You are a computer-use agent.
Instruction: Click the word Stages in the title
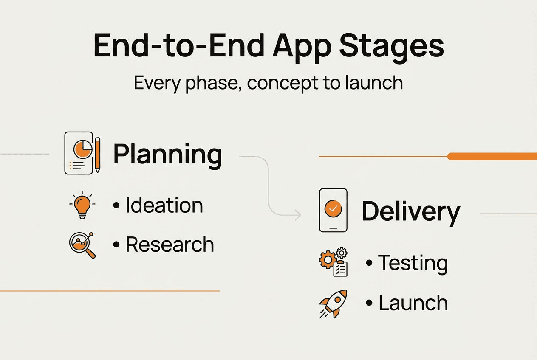tap(390, 46)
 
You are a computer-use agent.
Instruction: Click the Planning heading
tap(167, 155)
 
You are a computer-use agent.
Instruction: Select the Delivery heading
tap(410, 211)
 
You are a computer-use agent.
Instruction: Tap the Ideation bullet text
tap(164, 205)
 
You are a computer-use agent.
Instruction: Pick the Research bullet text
tap(170, 245)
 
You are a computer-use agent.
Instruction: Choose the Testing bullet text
tap(413, 263)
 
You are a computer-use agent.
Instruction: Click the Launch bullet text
tap(413, 303)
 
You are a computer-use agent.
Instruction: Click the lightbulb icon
tap(82, 205)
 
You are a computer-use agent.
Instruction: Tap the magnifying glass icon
tap(82, 245)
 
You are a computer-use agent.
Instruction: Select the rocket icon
tap(333, 304)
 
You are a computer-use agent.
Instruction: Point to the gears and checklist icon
tap(334, 262)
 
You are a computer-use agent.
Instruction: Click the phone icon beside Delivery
tap(333, 210)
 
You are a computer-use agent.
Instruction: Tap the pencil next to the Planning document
tap(98, 155)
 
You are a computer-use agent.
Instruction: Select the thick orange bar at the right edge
tap(492, 157)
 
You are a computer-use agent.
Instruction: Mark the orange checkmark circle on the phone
tap(333, 208)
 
